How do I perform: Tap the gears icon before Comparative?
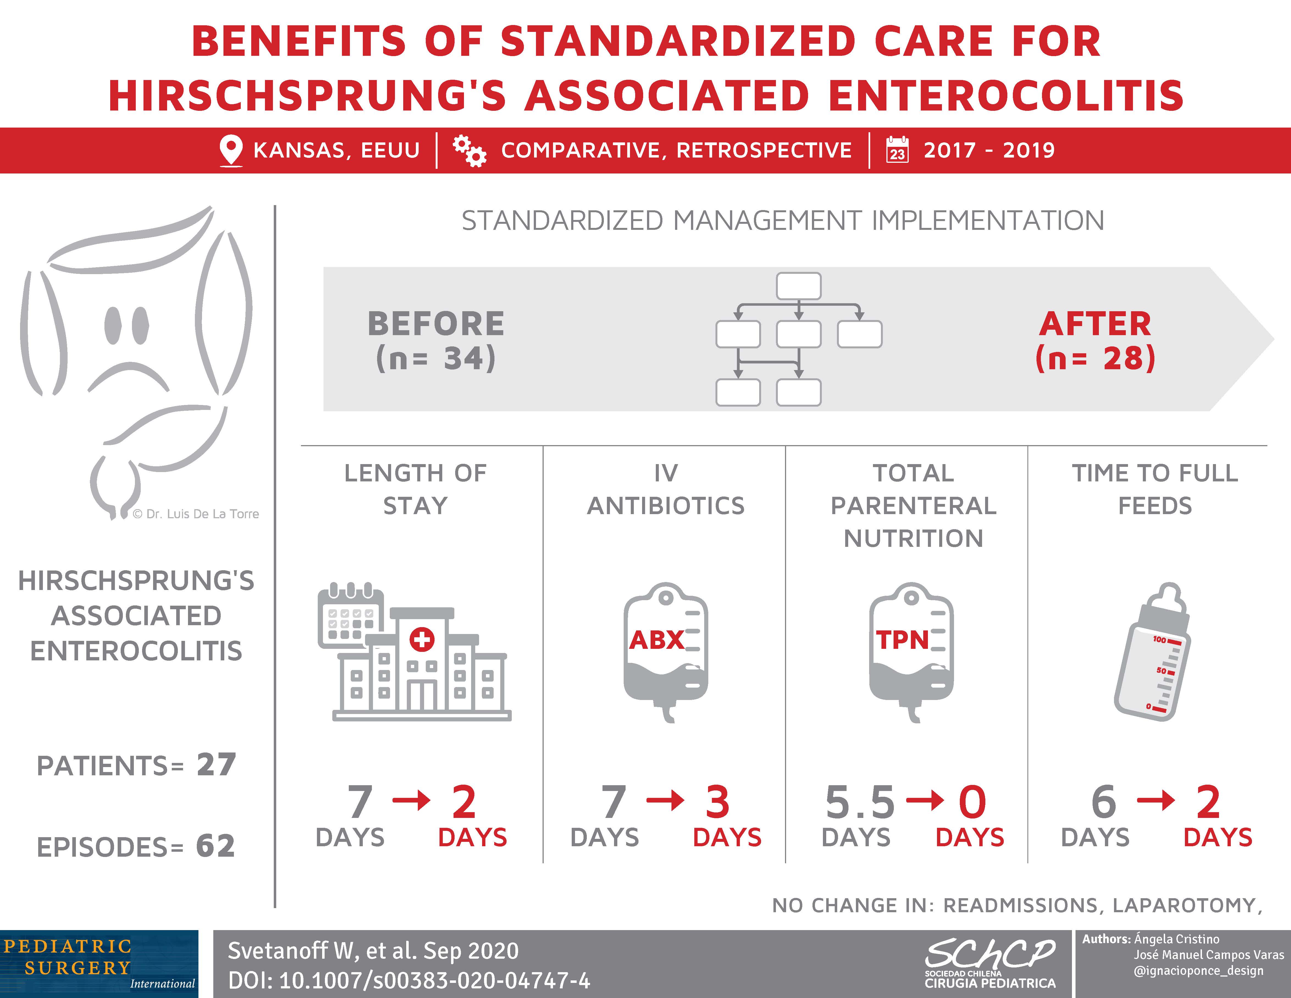(x=469, y=151)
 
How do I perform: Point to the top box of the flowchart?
(x=799, y=286)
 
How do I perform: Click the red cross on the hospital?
(x=421, y=639)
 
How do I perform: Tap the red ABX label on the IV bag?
(x=656, y=640)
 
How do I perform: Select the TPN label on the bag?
(x=902, y=640)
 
